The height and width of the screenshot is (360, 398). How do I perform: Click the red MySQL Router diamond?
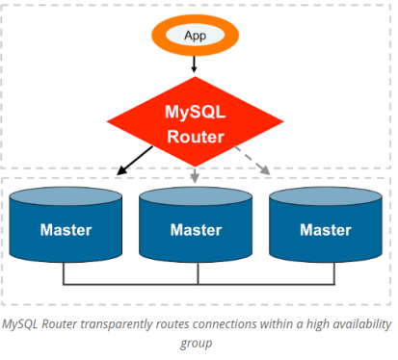(x=197, y=124)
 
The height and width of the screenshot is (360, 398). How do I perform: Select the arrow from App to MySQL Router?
(x=196, y=65)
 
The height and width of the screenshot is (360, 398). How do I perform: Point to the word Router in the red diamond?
(x=197, y=136)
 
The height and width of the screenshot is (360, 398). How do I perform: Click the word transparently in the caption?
(x=113, y=323)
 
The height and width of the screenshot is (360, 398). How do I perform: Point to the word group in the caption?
(x=197, y=342)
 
